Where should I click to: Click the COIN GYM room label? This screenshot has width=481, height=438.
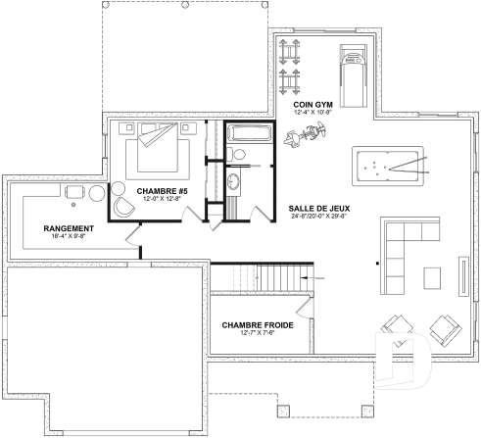click(x=311, y=103)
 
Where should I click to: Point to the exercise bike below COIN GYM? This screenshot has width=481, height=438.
click(x=295, y=139)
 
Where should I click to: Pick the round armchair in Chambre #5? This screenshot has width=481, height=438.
click(x=124, y=208)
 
